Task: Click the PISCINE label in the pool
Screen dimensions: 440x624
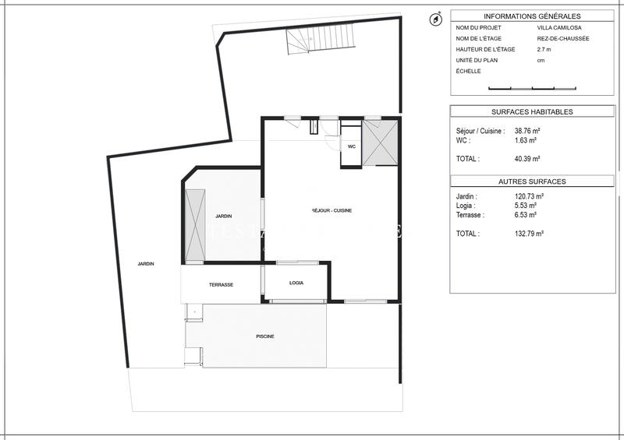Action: [x=265, y=336]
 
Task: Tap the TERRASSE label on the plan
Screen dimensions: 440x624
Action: [x=221, y=285]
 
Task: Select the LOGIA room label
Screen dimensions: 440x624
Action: [x=296, y=283]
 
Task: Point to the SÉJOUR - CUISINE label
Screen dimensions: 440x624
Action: [x=331, y=211]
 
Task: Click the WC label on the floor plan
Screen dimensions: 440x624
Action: [x=351, y=146]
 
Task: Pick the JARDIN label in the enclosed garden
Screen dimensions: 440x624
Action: [x=224, y=216]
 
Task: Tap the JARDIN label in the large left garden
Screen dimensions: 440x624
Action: [x=146, y=264]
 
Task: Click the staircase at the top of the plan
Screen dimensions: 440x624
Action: [x=305, y=42]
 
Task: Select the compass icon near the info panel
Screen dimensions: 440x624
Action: [x=435, y=19]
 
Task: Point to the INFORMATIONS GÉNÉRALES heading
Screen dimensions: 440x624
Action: [x=532, y=16]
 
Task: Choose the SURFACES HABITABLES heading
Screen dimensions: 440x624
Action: [x=532, y=112]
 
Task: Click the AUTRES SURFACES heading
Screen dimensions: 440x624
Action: [x=532, y=181]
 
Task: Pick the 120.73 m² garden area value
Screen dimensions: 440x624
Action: [x=529, y=197]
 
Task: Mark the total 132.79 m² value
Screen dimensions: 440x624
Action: [x=529, y=233]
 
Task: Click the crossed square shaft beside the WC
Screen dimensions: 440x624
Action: [x=381, y=143]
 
